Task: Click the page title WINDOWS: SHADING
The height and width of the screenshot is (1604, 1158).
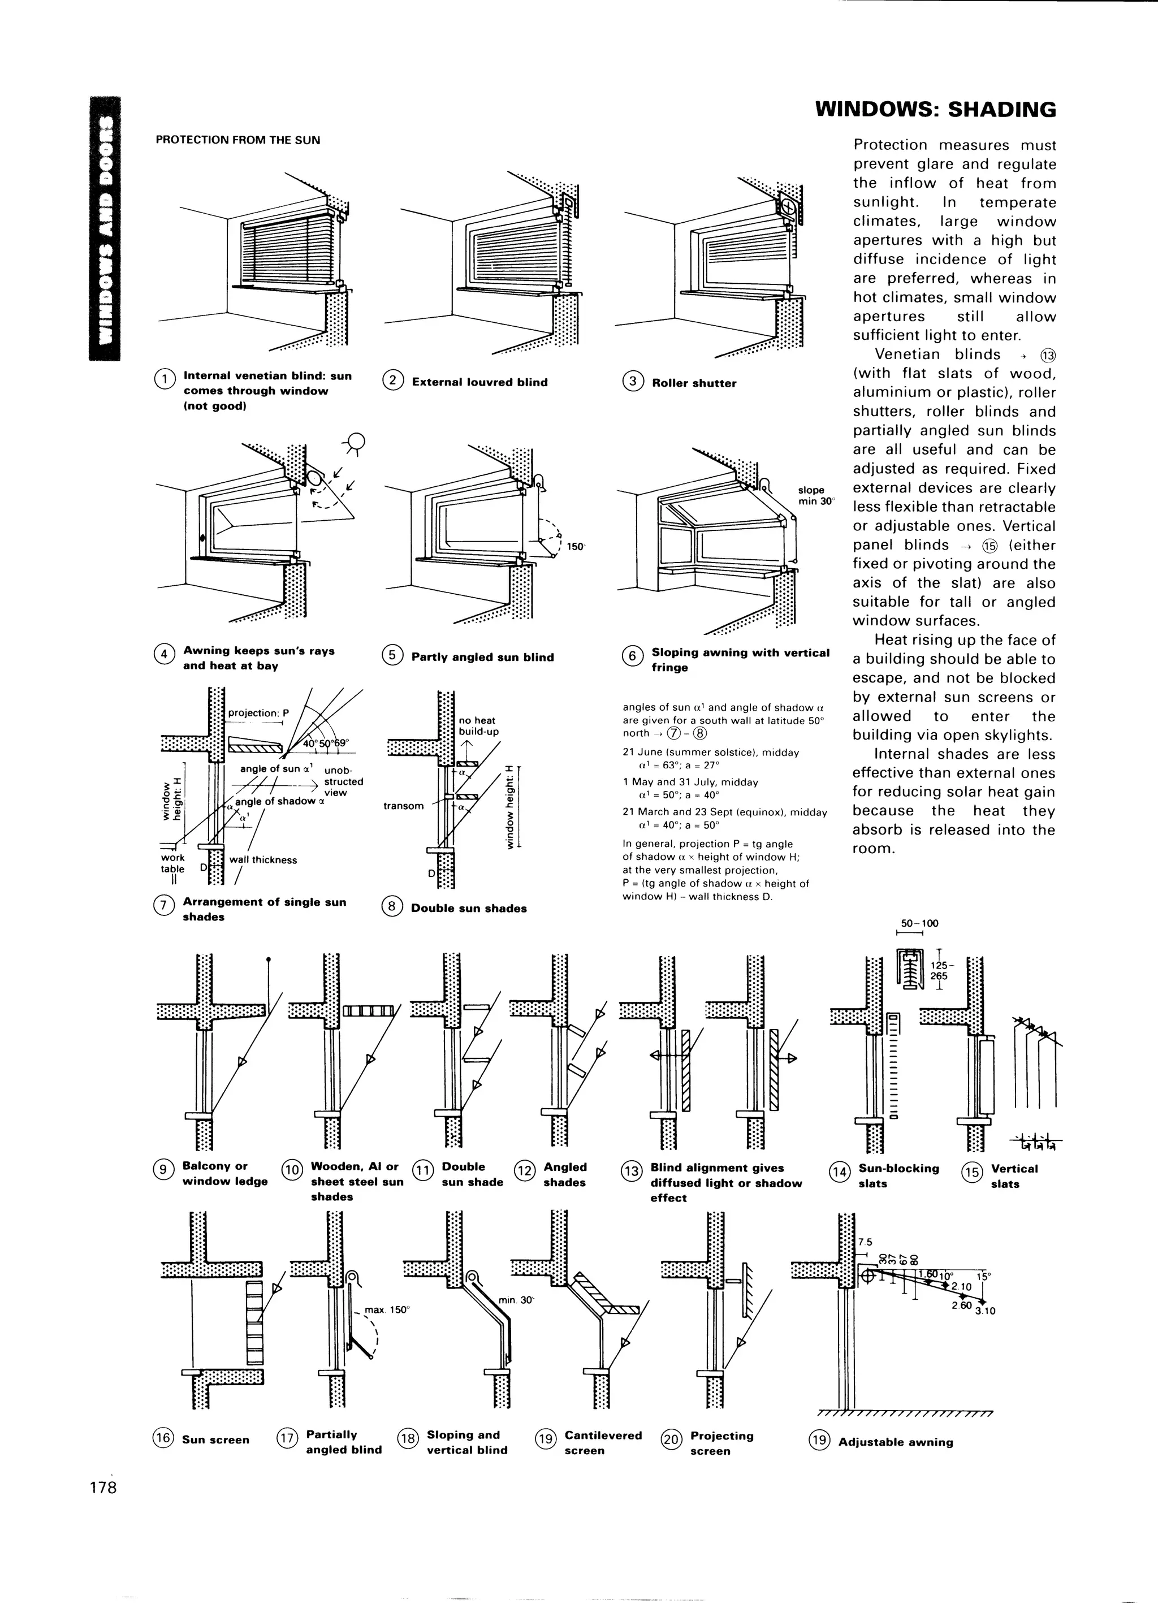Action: tap(935, 110)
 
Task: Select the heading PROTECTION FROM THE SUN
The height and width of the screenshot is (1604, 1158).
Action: tap(237, 140)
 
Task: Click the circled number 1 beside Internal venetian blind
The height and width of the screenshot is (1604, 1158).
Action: tap(163, 379)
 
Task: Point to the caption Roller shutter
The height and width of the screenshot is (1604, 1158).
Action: tap(693, 383)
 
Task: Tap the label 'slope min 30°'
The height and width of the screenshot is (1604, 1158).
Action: tap(815, 495)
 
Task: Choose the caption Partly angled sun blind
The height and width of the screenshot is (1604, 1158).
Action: tap(482, 657)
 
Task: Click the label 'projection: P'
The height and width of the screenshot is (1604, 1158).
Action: tap(254, 713)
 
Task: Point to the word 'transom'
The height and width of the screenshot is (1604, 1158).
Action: tap(403, 806)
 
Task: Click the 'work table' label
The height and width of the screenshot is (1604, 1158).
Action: tap(172, 863)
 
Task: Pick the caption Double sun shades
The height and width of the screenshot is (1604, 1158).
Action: tap(468, 909)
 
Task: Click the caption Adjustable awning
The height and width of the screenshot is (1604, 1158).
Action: tap(895, 1442)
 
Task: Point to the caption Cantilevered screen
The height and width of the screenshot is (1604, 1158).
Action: tap(602, 1443)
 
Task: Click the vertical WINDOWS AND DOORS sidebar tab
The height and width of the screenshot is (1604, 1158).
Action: tap(105, 228)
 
